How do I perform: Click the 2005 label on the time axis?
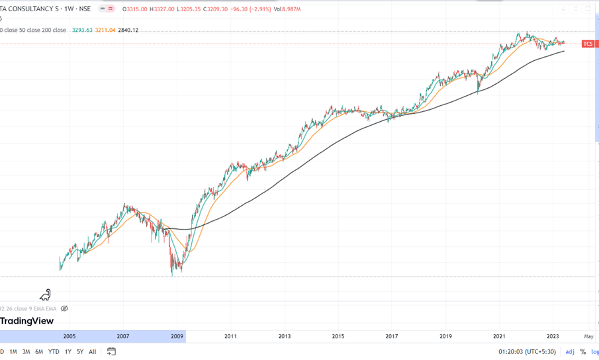click(69, 336)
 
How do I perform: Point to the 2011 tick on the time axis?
click(230, 336)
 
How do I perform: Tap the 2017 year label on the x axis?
click(392, 336)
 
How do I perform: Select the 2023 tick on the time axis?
click(553, 336)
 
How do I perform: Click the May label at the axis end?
click(588, 336)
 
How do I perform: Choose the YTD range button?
click(54, 351)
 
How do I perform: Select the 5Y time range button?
click(79, 351)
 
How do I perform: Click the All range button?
click(92, 351)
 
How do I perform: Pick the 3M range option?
click(26, 351)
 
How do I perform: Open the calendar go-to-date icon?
click(111, 351)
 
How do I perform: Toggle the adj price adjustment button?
click(569, 351)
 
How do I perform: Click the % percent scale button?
click(583, 351)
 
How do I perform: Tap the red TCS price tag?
click(588, 44)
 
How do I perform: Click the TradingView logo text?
click(26, 321)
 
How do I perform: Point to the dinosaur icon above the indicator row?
click(45, 294)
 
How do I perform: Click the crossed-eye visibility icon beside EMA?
click(64, 308)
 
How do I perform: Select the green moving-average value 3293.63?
click(81, 30)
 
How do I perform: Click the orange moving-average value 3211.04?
click(105, 30)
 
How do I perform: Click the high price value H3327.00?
click(161, 9)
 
